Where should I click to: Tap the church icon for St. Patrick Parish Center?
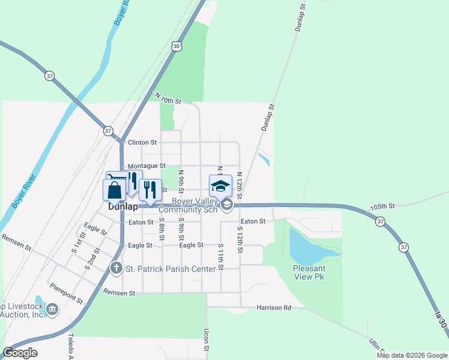point(116,268)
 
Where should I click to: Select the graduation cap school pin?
point(220,185)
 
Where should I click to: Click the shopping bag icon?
point(115,190)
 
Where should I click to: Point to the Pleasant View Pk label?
point(310,273)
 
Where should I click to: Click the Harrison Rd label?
point(274,308)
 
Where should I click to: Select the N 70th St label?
point(167,98)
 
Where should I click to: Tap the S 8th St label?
point(161,229)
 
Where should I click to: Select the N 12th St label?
point(239,186)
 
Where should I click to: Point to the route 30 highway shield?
point(175,46)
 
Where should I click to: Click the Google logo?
point(20,353)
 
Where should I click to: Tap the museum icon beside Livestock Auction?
point(52,310)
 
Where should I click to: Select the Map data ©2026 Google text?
point(411,355)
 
